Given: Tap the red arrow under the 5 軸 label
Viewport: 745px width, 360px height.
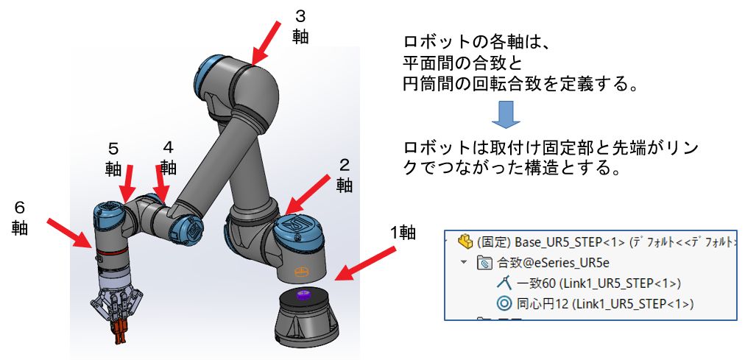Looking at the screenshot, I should [x=128, y=182].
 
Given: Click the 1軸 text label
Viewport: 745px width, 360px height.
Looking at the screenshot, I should [x=403, y=234].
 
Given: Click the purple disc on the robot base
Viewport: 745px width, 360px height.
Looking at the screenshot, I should [x=303, y=295].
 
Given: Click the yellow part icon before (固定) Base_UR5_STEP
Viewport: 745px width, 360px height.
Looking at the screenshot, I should [x=464, y=241].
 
